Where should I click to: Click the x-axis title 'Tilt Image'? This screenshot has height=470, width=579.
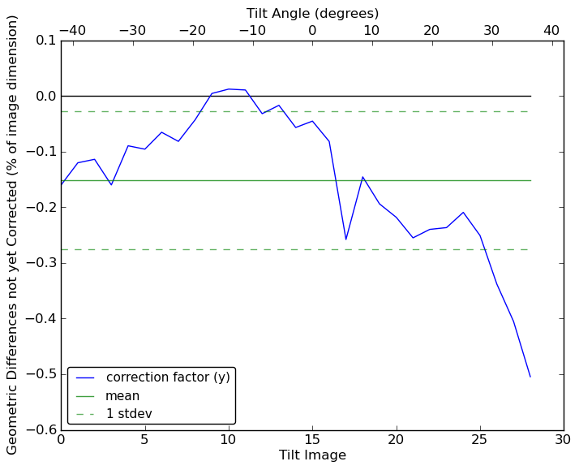(312, 455)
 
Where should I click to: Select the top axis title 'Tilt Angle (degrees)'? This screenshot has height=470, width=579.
(312, 13)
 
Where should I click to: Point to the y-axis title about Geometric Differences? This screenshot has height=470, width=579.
(13, 235)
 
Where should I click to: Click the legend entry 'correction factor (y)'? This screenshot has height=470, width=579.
(168, 377)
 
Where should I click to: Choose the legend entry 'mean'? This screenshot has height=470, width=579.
(122, 396)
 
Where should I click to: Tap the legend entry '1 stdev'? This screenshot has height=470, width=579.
(129, 414)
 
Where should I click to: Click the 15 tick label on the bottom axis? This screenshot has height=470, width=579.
(312, 440)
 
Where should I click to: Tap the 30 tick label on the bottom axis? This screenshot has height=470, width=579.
(564, 440)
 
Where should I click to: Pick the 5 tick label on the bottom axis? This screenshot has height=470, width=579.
(144, 440)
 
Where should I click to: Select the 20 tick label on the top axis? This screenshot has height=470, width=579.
(431, 30)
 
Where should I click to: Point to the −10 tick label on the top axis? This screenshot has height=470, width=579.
(252, 30)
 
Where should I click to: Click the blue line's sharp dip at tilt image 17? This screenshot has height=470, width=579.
(345, 239)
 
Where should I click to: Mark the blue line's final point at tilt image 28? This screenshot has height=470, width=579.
(530, 377)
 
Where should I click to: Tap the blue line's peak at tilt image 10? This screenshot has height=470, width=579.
(229, 88)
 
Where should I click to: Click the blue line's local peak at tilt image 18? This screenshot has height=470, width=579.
(362, 177)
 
